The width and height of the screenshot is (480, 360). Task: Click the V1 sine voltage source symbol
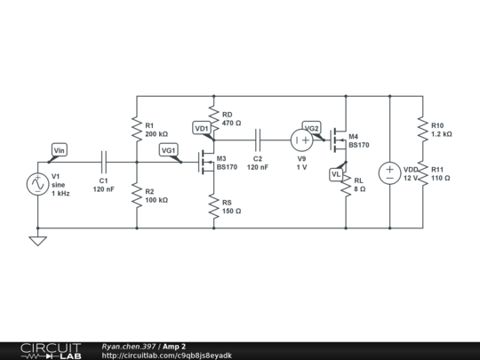tap(38, 184)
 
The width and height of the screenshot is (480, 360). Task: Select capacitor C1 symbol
tap(104, 163)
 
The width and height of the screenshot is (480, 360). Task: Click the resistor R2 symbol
tap(136, 195)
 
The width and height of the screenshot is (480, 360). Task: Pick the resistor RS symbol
tap(213, 206)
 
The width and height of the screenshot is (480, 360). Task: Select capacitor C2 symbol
tap(258, 140)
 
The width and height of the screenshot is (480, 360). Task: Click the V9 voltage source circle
tap(302, 140)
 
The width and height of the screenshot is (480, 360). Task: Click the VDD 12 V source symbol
tap(389, 173)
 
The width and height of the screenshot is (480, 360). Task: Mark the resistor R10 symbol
tap(421, 130)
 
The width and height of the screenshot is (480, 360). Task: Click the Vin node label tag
tap(60, 151)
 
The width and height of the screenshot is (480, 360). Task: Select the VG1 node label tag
tap(169, 150)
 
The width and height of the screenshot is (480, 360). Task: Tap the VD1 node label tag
tap(202, 129)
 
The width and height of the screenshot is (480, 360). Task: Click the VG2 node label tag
tap(311, 127)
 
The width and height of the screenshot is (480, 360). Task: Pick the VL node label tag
tap(336, 174)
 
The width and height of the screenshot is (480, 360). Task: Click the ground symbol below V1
tap(38, 240)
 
